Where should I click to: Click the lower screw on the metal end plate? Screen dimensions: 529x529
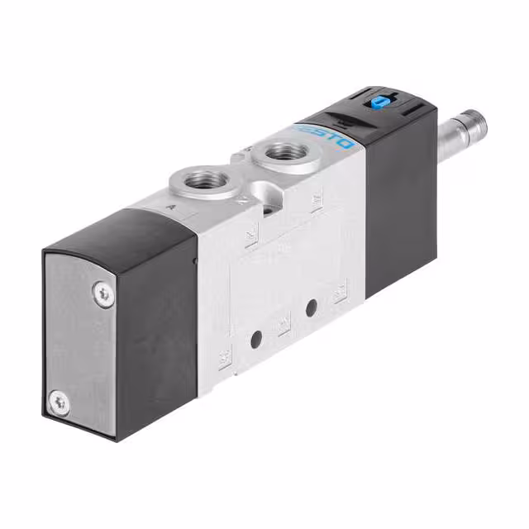(60, 403)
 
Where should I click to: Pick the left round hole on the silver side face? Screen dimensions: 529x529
(257, 338)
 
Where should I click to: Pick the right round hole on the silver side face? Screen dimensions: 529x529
(312, 307)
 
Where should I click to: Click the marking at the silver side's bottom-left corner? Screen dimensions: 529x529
(224, 359)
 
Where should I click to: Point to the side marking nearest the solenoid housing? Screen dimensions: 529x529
(340, 291)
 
